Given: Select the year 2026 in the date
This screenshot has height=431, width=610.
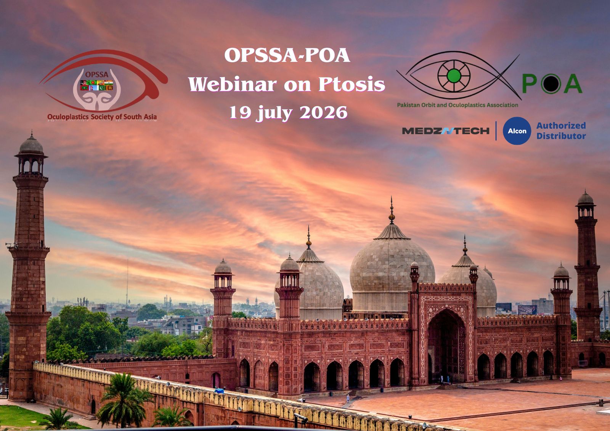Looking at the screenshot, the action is click(324, 112).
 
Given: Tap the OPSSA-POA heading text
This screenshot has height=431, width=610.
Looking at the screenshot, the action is click(287, 55).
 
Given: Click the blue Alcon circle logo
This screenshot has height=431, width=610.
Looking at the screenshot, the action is click(517, 131).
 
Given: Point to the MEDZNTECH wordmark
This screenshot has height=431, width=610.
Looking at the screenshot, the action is click(446, 131).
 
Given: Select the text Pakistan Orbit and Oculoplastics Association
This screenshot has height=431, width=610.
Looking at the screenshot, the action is click(457, 105).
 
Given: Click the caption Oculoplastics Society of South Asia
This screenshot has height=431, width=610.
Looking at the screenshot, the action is click(102, 117).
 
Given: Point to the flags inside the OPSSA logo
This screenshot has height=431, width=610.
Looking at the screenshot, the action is click(96, 85).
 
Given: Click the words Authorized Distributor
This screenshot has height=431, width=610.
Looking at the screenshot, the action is click(561, 131).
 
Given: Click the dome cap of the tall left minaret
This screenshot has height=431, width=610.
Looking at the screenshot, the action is click(31, 144).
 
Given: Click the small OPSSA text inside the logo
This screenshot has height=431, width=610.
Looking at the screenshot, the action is click(97, 74).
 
